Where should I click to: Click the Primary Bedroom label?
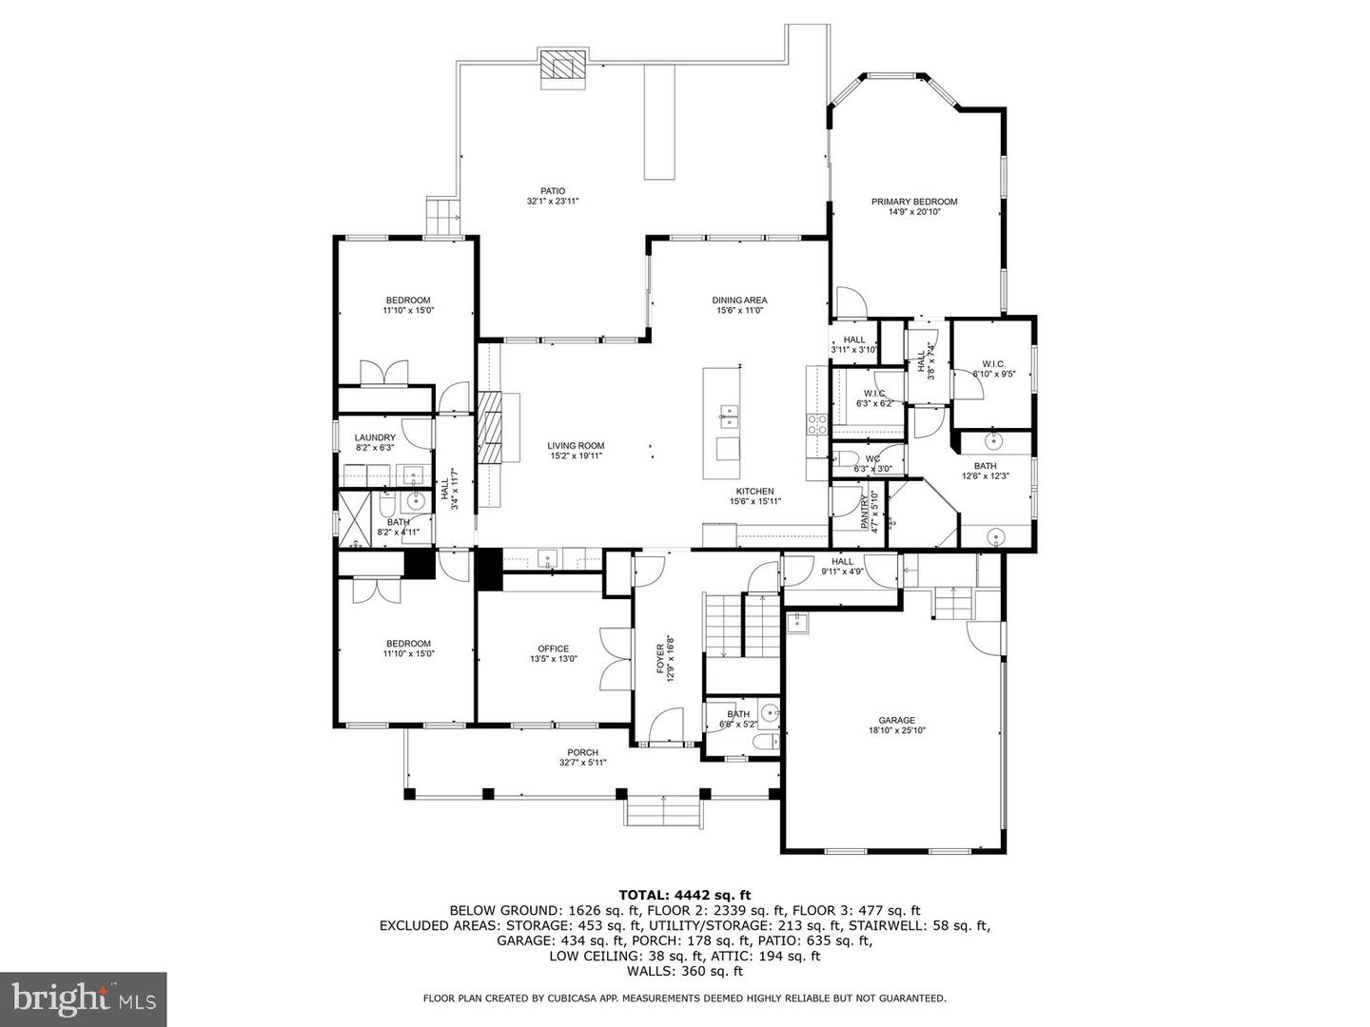[x=914, y=202]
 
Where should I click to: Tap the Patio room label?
[x=553, y=191]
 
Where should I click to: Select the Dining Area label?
[x=739, y=300]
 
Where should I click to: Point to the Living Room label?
[x=575, y=446]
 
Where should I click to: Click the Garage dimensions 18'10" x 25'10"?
[x=896, y=731]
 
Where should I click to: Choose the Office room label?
[x=553, y=649]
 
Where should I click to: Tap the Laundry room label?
[x=375, y=437]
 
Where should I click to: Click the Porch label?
[x=582, y=752]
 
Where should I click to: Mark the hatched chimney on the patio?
[x=562, y=68]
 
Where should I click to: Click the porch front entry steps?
[x=662, y=813]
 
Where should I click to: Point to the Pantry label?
[x=865, y=513]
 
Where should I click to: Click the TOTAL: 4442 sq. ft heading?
[x=684, y=894]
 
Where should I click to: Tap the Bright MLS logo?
[x=83, y=998]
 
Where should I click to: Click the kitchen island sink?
[x=730, y=413]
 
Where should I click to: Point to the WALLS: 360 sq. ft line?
[x=684, y=971]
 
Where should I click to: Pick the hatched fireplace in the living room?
[x=489, y=428]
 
